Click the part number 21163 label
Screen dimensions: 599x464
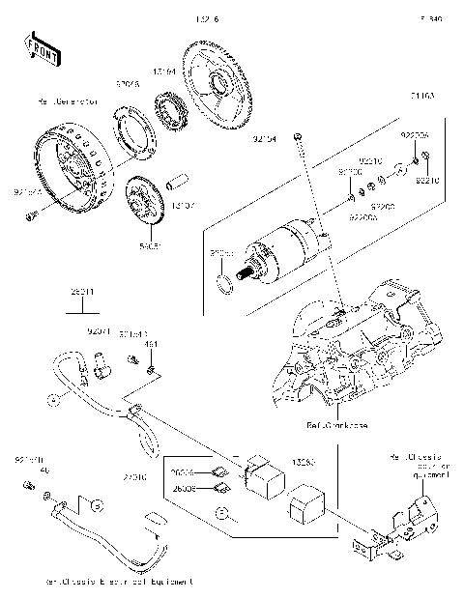click(x=422, y=97)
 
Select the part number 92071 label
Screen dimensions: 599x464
click(x=100, y=331)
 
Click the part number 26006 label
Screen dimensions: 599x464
click(x=184, y=473)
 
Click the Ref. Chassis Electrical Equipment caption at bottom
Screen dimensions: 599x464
click(x=118, y=583)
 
